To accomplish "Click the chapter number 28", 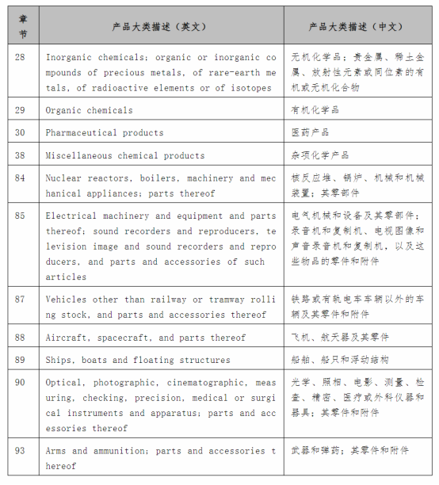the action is pos(20,58).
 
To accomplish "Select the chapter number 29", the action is pos(20,110).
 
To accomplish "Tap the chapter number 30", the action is pos(20,132).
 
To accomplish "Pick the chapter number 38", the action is pos(20,155).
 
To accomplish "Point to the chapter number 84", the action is pos(20,178).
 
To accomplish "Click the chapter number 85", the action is pos(20,216).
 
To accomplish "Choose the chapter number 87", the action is pos(20,300).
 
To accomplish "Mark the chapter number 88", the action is pos(20,338).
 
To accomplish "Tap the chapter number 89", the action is pos(20,360).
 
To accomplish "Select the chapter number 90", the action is pos(20,383).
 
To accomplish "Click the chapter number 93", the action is pos(20,451).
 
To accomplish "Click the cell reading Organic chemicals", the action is pos(90,110).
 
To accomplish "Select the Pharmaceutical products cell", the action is pos(105,132).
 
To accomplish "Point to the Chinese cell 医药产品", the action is pos(310,132).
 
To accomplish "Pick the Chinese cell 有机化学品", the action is pos(315,110).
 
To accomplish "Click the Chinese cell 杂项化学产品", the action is pos(319,155).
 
